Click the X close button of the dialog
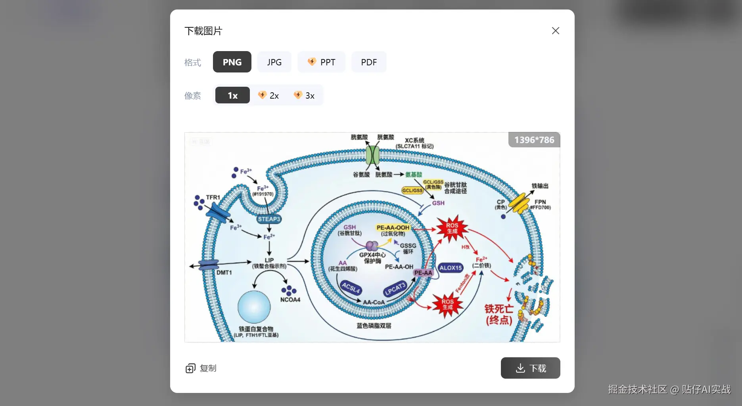click(x=555, y=31)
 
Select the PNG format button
click(x=232, y=62)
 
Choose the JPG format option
click(x=274, y=62)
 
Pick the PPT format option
click(x=322, y=62)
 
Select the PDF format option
click(x=369, y=62)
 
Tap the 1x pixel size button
click(x=232, y=95)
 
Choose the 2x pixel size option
click(x=268, y=95)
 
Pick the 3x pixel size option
click(x=304, y=95)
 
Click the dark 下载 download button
click(x=530, y=368)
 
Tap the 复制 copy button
click(x=201, y=368)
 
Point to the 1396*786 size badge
click(x=534, y=140)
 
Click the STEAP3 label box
click(x=269, y=219)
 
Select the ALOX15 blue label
click(x=451, y=268)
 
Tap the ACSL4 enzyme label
click(x=351, y=288)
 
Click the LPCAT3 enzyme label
click(x=395, y=289)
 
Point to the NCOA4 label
click(x=290, y=299)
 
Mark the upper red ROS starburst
click(x=452, y=228)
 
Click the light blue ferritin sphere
click(x=254, y=307)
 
